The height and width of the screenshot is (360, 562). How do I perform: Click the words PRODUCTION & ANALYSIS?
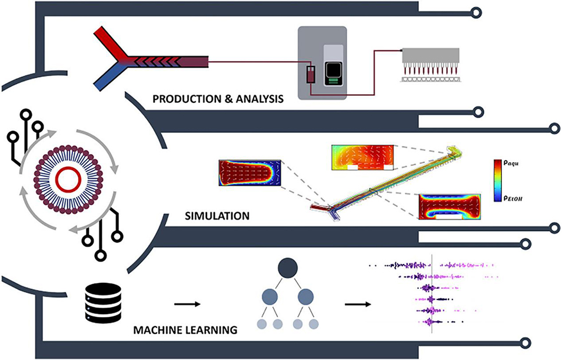(x=218, y=99)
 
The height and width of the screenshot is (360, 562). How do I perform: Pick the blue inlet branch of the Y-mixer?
(x=106, y=81)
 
